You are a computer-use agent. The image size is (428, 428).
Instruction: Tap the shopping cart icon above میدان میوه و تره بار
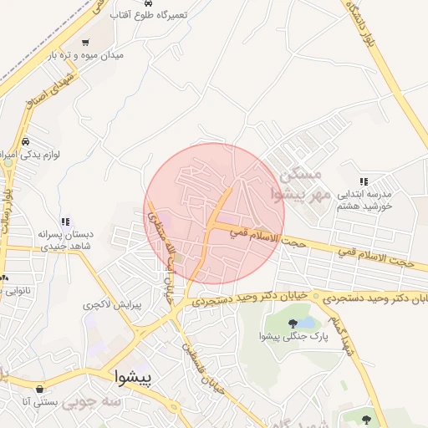coord(84,42)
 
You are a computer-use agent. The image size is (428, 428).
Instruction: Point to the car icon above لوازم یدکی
coord(28,141)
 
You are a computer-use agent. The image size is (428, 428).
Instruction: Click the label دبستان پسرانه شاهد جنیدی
coord(69,241)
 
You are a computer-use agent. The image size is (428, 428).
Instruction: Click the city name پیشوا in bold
coord(132,378)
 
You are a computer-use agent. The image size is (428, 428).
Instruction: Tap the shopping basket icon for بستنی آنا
coord(41,389)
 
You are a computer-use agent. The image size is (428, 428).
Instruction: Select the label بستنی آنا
coord(42,402)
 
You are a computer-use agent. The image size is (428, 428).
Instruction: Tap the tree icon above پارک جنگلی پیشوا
coord(292,323)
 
